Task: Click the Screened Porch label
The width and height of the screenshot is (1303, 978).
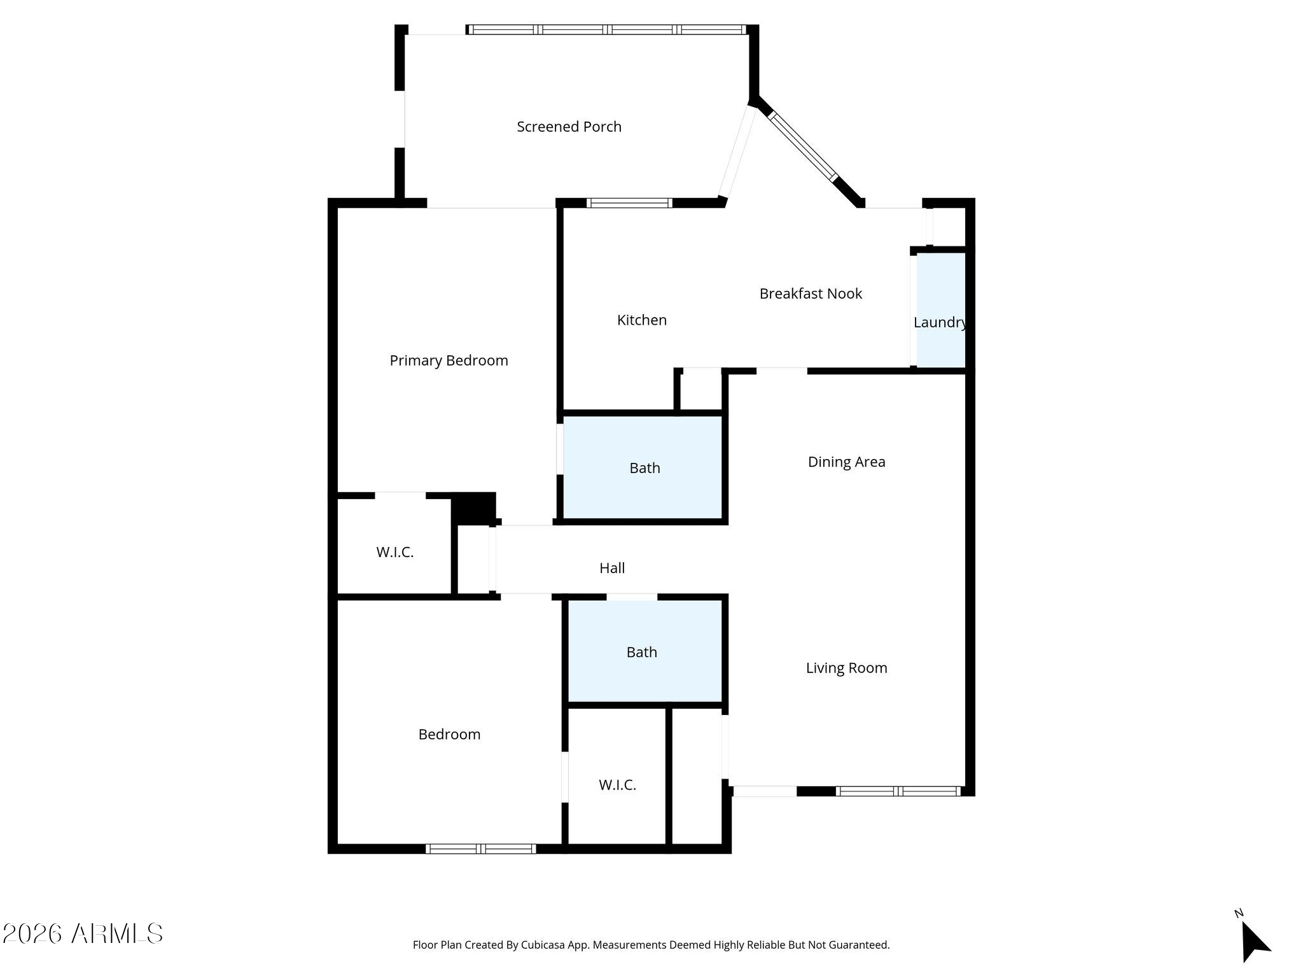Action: coord(569,127)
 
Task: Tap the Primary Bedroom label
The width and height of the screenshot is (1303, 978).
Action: coord(449,361)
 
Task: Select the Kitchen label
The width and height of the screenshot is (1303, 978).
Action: coord(642,320)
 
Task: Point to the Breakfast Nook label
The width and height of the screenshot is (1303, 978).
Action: coord(811,294)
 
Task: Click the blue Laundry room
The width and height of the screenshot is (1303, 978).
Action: coord(941,311)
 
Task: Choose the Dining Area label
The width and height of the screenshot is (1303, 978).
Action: coord(846,462)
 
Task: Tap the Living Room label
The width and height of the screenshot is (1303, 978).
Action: coord(846,668)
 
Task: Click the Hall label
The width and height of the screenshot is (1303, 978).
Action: coord(612,568)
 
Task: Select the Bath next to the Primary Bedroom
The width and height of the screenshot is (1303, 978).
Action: coord(645,468)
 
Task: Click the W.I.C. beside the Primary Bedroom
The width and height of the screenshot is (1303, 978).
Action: coord(394,552)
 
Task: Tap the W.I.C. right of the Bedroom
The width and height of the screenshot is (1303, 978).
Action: coord(617,785)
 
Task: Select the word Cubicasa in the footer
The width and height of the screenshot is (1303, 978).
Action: coord(543,945)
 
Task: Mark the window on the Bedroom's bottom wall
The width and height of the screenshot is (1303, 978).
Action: coord(481,848)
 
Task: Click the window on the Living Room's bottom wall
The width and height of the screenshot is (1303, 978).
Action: coord(898,791)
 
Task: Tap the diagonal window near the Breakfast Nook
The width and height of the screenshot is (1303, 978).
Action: coord(804,146)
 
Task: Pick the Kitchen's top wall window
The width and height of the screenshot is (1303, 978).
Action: coord(629,203)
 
